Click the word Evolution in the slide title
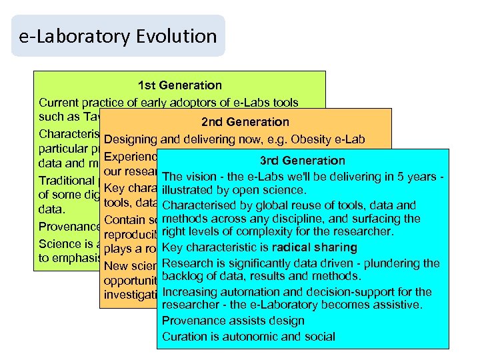179,36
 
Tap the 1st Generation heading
179,85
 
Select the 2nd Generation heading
245,122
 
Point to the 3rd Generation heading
303,161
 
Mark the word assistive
399,305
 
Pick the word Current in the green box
59,103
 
